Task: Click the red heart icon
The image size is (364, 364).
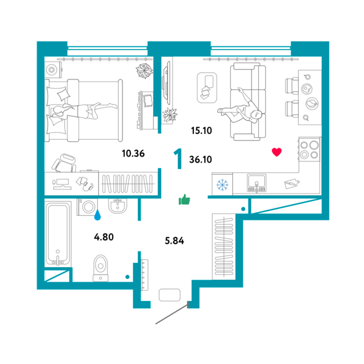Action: click(277, 152)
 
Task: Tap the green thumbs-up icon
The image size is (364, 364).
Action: click(184, 200)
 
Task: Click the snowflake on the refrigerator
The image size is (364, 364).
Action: click(222, 185)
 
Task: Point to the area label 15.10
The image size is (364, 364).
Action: click(201, 130)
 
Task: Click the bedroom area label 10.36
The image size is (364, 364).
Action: click(133, 154)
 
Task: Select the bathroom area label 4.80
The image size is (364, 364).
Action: click(104, 237)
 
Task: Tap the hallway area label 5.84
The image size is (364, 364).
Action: click(174, 241)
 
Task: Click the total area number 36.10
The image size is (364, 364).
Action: click(200, 159)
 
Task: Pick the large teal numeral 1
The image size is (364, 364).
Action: click(178, 159)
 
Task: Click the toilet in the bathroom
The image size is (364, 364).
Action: click(100, 268)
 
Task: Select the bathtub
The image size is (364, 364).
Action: click(58, 234)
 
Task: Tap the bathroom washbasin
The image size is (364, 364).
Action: click(118, 206)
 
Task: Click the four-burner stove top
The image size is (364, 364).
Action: click(309, 149)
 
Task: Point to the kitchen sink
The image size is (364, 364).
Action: click(256, 183)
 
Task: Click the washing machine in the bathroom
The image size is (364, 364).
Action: click(87, 207)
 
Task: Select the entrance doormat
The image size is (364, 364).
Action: click(170, 295)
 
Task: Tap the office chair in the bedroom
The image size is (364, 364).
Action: click(64, 163)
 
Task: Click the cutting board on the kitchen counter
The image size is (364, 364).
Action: click(292, 183)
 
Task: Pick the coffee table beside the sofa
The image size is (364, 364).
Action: click(207, 88)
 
